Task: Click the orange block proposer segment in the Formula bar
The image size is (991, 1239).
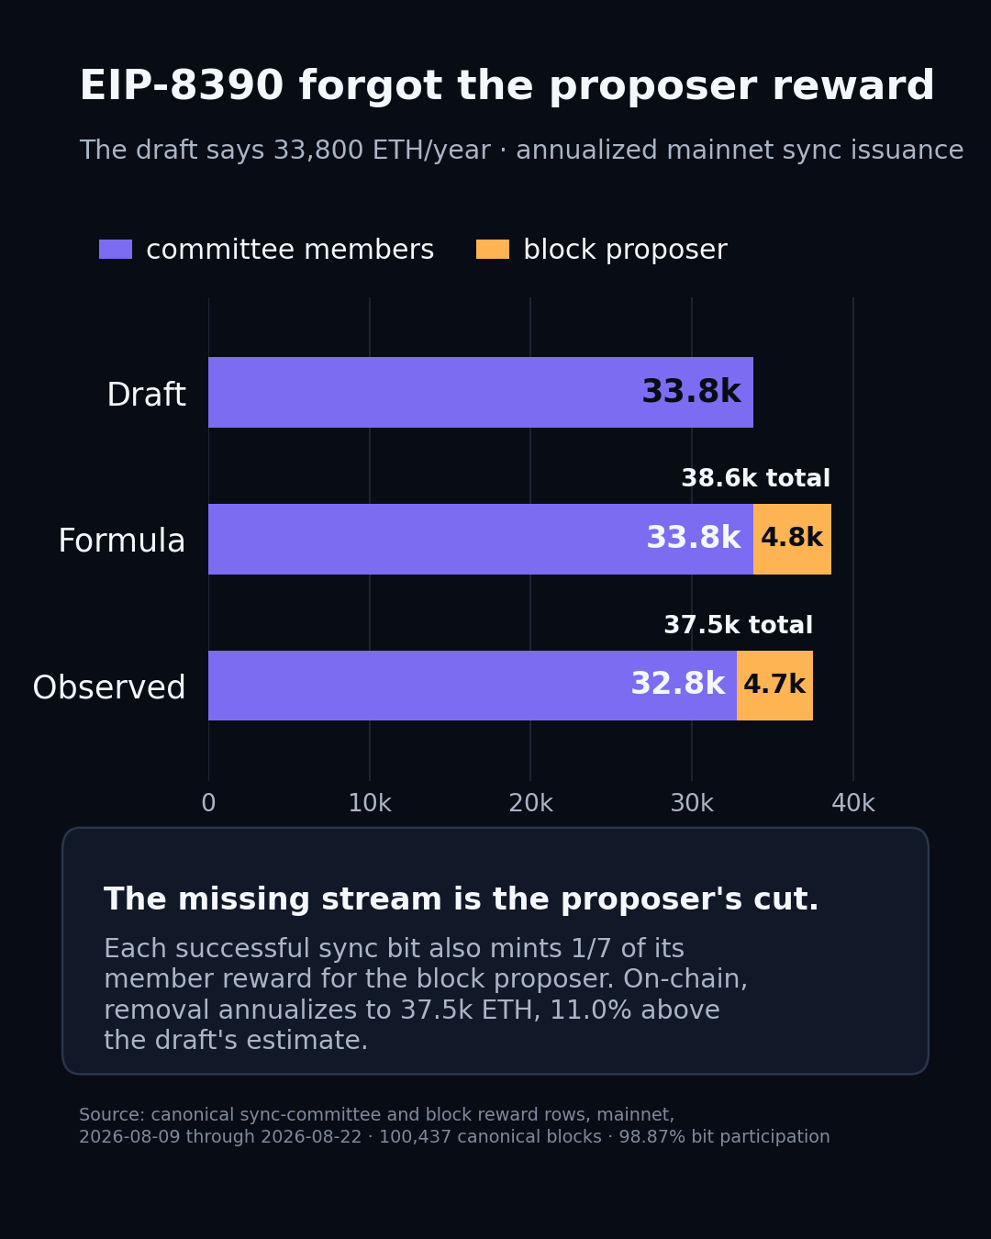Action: [x=792, y=539]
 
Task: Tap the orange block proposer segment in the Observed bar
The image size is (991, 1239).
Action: [x=774, y=686]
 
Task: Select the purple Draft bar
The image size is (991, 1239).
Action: [x=480, y=392]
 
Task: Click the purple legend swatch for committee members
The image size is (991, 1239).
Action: [x=116, y=250]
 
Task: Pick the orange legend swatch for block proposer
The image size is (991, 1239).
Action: [x=493, y=250]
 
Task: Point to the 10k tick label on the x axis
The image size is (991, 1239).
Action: [x=370, y=802]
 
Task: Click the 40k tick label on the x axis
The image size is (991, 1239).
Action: [x=852, y=802]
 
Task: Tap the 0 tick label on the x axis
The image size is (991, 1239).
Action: [x=208, y=802]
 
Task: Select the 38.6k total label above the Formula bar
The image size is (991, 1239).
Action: [x=755, y=478]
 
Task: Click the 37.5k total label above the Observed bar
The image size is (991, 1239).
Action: [x=739, y=625]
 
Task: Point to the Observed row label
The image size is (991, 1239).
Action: [x=109, y=686]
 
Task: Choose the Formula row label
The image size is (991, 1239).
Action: [x=122, y=540]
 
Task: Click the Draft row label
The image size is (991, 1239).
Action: [x=146, y=395]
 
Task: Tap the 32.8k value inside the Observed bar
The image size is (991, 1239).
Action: [x=678, y=684]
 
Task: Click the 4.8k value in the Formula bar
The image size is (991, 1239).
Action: [x=792, y=537]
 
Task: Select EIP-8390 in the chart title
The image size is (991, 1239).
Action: [x=182, y=85]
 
